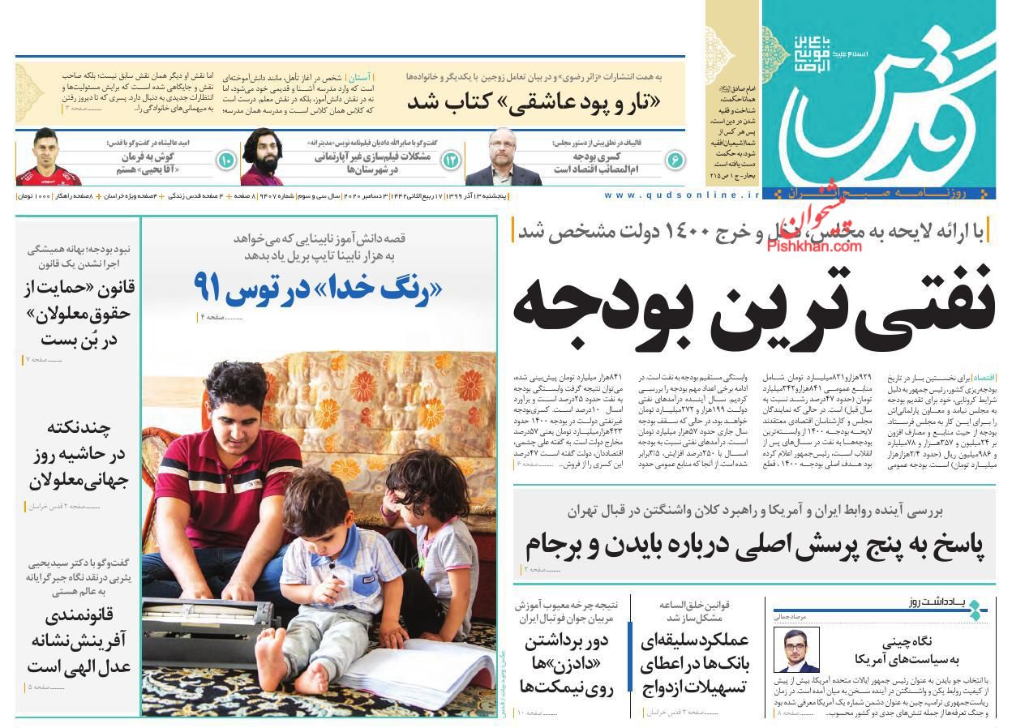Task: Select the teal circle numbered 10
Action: [x=225, y=161]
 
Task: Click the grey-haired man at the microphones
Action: [x=492, y=161]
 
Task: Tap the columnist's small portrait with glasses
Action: [x=795, y=649]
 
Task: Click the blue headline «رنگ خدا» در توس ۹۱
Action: [x=318, y=286]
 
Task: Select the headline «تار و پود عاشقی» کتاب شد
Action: [x=533, y=101]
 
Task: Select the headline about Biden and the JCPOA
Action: [x=754, y=546]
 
